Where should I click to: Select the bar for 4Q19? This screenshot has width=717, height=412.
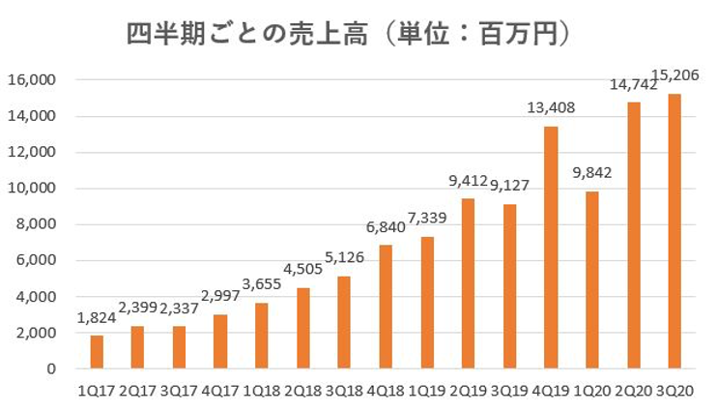point(551,248)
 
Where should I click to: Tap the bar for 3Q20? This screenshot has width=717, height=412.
point(674,231)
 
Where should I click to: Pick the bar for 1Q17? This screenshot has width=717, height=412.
point(97,352)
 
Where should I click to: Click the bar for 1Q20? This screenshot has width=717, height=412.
point(592,280)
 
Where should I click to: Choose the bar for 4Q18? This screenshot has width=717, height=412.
point(386,307)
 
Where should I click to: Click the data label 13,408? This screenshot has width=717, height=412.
point(551,107)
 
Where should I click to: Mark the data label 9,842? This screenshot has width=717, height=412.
point(592,172)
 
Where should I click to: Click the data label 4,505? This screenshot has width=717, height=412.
point(303,269)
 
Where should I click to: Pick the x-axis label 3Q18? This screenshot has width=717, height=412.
point(344,392)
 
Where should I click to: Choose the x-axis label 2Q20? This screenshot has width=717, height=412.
point(633,392)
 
